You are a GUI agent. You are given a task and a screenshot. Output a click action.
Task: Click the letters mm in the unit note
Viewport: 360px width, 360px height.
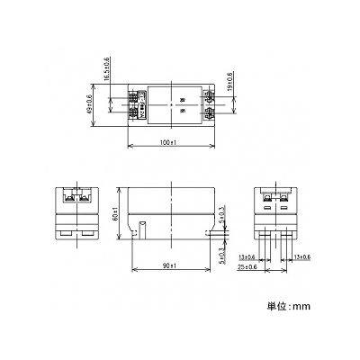click(x=303, y=307)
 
